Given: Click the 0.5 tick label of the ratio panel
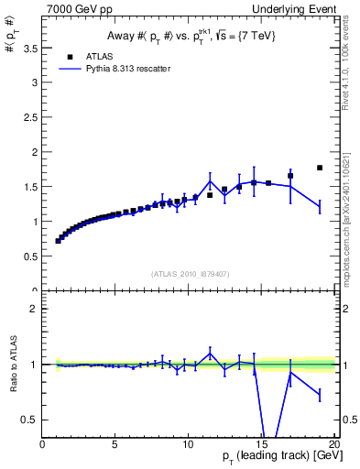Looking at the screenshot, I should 29,420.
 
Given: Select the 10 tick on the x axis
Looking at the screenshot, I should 188,444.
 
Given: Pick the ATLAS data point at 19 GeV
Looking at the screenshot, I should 319,168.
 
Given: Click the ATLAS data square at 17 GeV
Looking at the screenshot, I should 290,176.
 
